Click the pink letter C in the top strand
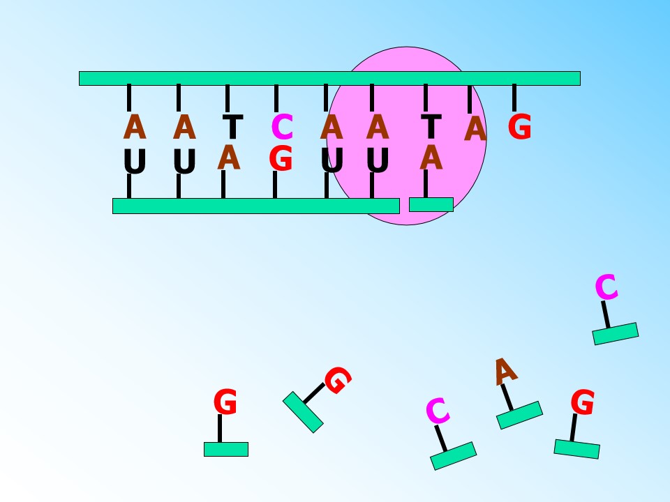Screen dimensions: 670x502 pos(282,127)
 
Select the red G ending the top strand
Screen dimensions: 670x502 pos(519,127)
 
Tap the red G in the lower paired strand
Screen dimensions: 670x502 pos(281,158)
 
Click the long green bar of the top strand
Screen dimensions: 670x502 pos(329,79)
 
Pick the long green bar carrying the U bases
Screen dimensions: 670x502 pos(256,206)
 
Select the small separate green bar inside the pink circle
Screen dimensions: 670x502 pos(431,204)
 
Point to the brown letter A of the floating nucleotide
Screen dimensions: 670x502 pos(505,372)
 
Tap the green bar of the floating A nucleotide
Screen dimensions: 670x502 pos(519,415)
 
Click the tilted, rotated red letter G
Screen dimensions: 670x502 pos(338,380)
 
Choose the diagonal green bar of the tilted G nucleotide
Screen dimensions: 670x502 pos(303,412)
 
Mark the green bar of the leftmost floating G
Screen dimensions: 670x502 pos(226,449)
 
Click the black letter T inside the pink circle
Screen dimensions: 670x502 pos(431,126)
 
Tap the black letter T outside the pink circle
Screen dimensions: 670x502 pos(233,126)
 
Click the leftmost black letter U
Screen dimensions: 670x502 pos(135,161)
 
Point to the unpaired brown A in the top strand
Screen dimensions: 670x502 pos(475,128)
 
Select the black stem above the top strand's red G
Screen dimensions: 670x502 pos(514,98)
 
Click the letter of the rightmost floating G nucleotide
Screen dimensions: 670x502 pos(582,402)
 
